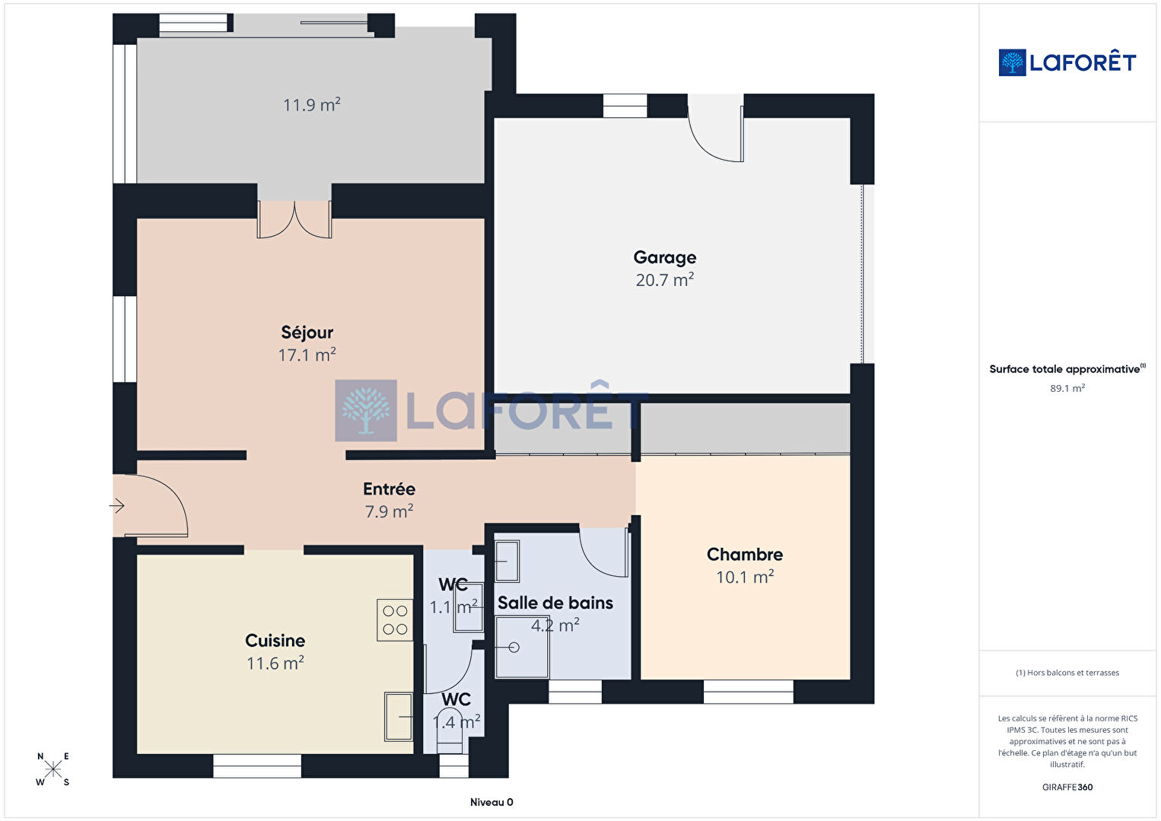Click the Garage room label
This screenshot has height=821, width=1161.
(664, 258)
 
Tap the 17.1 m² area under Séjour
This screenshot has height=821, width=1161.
(307, 355)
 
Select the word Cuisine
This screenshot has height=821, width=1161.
(275, 641)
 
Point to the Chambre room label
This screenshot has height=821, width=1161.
(745, 555)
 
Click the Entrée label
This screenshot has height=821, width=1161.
(389, 488)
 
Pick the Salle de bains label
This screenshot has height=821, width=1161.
(555, 603)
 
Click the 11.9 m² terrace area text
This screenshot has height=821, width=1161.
(311, 105)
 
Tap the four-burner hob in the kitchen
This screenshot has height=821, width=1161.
(394, 620)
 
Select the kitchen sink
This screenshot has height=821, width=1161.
(398, 717)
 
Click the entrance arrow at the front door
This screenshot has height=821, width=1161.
(117, 505)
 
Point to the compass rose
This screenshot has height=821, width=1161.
(52, 769)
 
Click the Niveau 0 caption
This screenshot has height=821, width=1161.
(491, 802)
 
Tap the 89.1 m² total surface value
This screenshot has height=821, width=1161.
(1067, 388)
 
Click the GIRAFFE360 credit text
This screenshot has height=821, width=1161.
(1067, 787)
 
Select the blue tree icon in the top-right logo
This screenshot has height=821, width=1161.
(1012, 62)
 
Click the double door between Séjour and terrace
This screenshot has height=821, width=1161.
(294, 220)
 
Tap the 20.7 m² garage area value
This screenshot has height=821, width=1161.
(664, 280)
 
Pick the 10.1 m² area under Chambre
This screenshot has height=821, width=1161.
(745, 577)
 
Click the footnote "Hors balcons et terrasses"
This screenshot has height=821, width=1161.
(1073, 673)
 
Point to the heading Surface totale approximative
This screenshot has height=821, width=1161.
(1064, 369)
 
